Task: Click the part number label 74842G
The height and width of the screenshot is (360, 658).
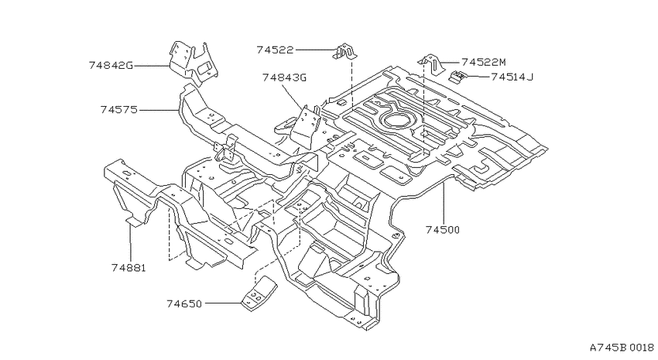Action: [111, 66]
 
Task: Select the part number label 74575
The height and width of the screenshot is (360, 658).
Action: [119, 110]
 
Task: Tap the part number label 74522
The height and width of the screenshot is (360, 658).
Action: [276, 50]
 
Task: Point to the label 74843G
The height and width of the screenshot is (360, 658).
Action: [285, 77]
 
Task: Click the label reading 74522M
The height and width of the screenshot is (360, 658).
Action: [483, 63]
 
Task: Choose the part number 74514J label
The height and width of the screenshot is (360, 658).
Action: [512, 77]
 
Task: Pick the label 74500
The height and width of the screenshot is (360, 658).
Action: [443, 230]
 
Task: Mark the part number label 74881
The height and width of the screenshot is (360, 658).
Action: [129, 268]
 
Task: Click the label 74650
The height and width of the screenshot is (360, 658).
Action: [184, 303]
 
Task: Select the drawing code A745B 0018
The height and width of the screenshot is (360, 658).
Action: [622, 348]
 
